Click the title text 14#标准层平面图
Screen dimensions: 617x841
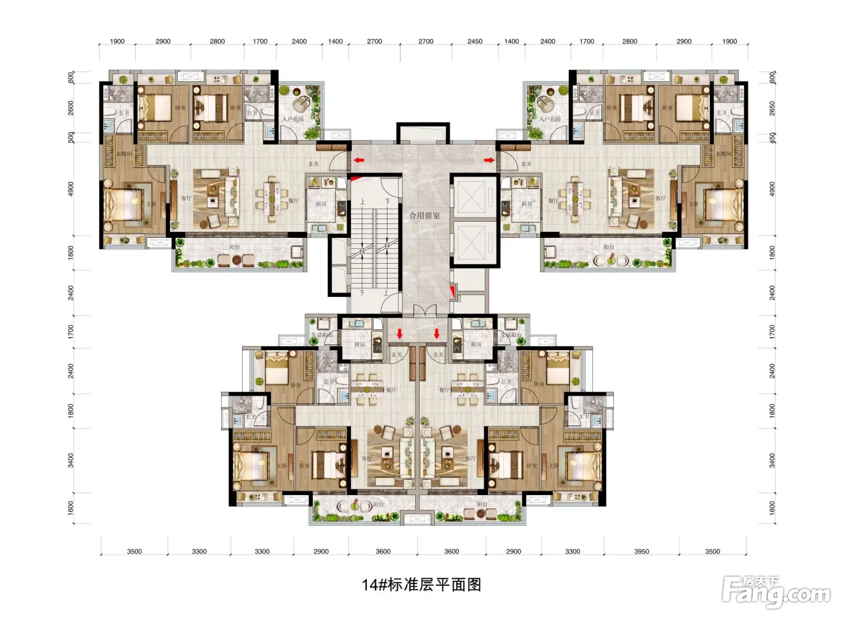[421, 585]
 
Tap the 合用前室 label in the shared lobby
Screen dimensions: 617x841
[424, 215]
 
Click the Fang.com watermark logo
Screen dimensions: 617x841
[776, 592]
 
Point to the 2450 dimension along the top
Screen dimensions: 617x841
[475, 41]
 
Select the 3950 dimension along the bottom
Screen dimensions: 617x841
[641, 551]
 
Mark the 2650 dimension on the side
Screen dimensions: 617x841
[773, 108]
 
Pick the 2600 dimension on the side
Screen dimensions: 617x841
[71, 108]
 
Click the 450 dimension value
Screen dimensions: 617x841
[773, 138]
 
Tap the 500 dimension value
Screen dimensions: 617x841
[71, 138]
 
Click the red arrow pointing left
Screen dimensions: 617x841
[359, 160]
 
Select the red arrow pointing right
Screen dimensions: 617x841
[490, 160]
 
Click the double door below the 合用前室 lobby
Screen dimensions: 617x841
[425, 311]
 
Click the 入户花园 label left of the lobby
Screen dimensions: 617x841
[293, 119]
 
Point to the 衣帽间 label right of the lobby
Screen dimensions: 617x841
[724, 154]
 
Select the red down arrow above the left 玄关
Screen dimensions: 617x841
[399, 333]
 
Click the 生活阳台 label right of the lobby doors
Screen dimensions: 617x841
[511, 335]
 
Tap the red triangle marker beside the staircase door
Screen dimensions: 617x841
[356, 178]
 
